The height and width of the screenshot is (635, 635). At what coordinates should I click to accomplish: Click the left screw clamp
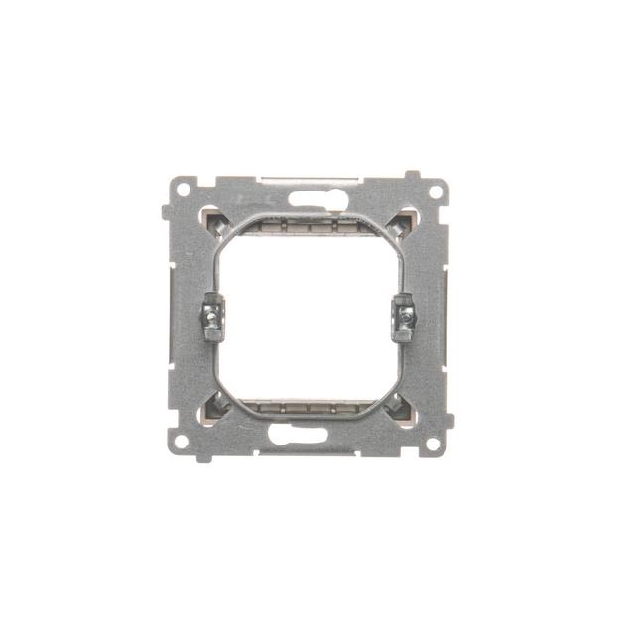click(x=211, y=318)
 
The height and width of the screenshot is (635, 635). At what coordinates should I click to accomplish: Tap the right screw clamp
click(x=403, y=317)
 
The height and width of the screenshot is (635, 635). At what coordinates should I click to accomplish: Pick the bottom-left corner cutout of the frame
click(x=210, y=407)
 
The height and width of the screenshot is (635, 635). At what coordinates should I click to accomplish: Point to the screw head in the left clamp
click(x=211, y=319)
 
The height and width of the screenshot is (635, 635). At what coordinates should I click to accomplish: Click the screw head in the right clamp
click(x=404, y=319)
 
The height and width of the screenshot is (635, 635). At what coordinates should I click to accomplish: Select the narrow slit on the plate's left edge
click(x=171, y=298)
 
